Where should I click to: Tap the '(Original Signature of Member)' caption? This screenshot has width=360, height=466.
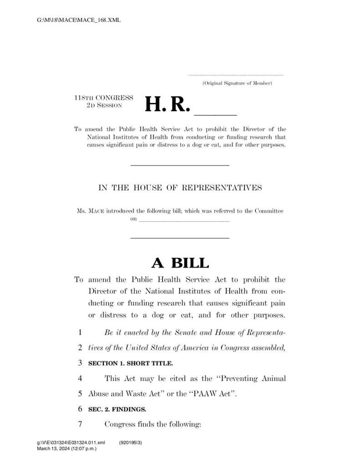[x=237, y=83]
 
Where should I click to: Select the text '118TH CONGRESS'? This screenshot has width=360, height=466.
[x=104, y=98]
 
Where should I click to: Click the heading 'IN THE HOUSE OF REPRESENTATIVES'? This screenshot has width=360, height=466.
[x=180, y=187]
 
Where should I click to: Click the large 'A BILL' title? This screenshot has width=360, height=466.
[x=180, y=263]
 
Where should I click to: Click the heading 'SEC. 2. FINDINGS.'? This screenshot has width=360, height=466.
[x=117, y=409]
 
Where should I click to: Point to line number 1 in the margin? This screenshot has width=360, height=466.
[x=79, y=333]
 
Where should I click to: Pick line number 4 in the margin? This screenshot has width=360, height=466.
[x=79, y=378]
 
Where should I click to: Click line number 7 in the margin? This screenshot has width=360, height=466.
[x=79, y=425]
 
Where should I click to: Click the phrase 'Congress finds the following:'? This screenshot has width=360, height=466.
[x=152, y=425]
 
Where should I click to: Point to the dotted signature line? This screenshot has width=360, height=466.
[x=235, y=75]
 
